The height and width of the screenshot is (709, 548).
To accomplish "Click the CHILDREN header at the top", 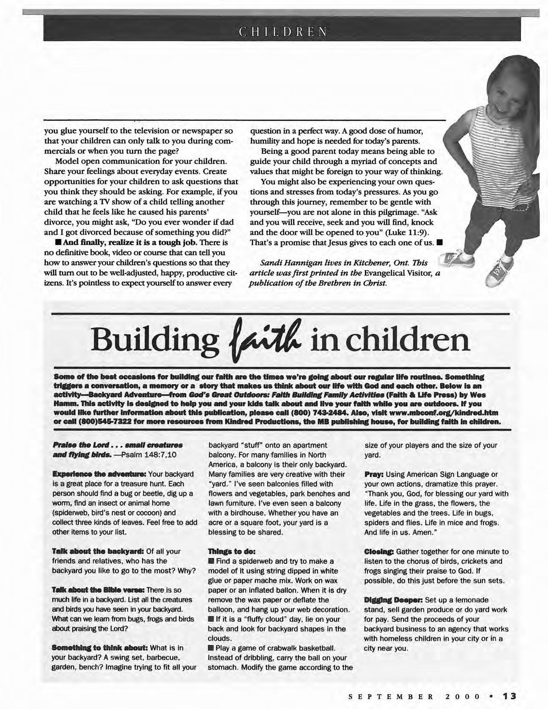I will click(x=282, y=32).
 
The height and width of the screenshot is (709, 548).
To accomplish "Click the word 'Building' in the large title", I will click(x=153, y=342).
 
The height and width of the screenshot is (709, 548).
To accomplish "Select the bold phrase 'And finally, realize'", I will click(x=89, y=243).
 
